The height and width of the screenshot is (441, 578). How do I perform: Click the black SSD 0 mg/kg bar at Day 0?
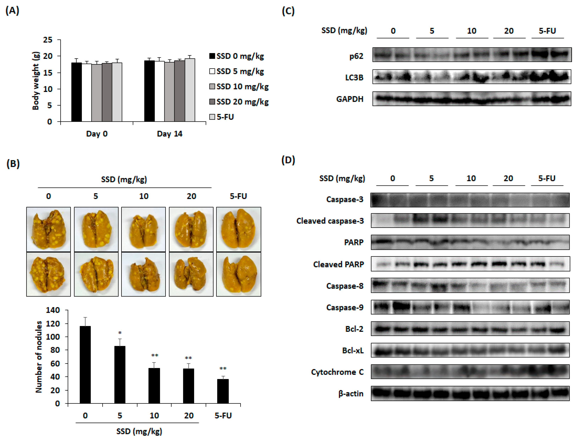[76, 92]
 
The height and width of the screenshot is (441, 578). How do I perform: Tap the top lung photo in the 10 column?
[144, 229]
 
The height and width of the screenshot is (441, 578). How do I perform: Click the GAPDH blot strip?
[472, 99]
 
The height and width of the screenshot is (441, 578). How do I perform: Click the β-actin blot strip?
[470, 393]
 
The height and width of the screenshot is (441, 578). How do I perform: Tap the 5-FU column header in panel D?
[547, 179]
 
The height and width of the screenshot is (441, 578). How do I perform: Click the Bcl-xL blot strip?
[470, 350]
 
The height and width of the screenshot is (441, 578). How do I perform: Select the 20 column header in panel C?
[509, 31]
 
